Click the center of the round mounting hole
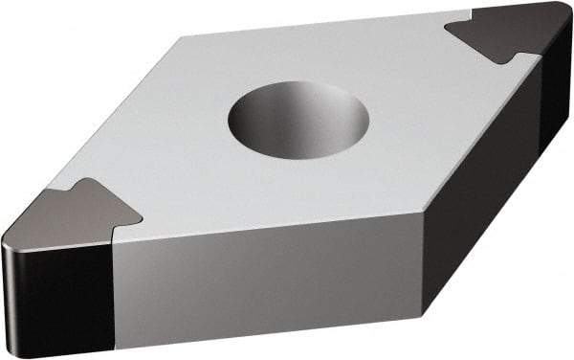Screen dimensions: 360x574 pos(299,121)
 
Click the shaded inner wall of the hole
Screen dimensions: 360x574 pos(287,103)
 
